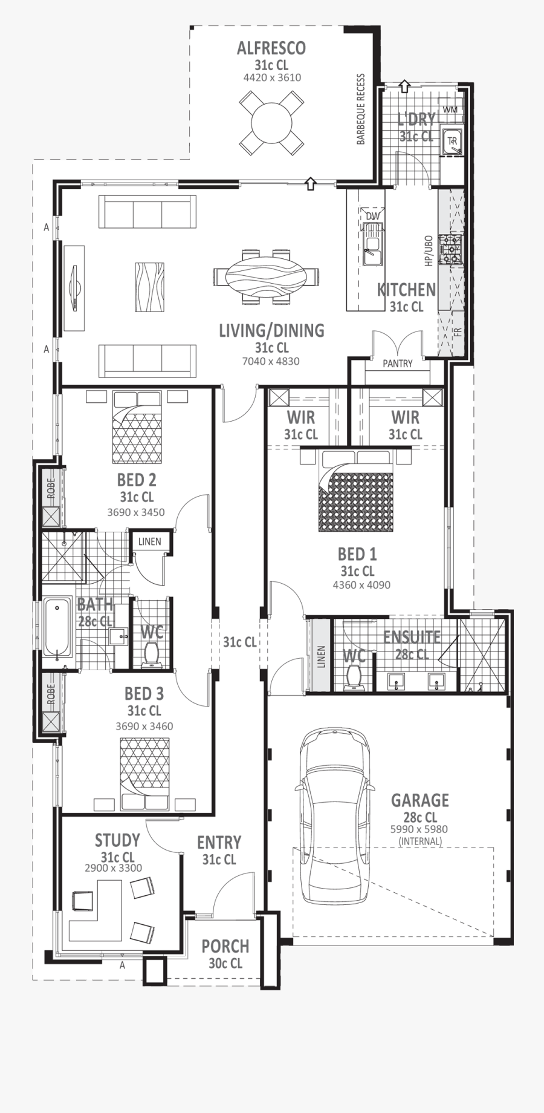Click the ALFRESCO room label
coord(271,48)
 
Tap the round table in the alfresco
coord(271,123)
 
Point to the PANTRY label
coord(397,364)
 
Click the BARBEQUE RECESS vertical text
coord(361,109)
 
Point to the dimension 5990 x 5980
coord(419,829)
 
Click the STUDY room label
coord(117,840)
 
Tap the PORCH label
coord(225,947)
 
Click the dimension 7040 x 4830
coord(271,361)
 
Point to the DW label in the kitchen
coord(372,216)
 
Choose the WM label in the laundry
coord(450,109)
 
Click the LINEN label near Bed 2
coord(149,541)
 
